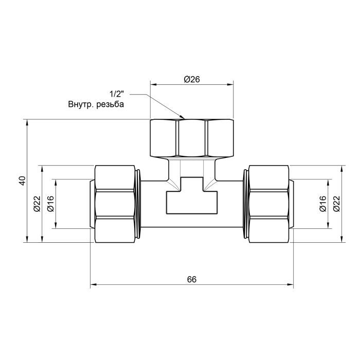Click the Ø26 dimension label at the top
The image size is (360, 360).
tap(191, 79)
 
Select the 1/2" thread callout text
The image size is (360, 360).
tap(117, 94)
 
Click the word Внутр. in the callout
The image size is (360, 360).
tap(80, 103)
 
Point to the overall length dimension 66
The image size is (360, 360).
tap(191, 279)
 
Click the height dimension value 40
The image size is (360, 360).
tap(22, 181)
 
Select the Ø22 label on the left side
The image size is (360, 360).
tap(37, 204)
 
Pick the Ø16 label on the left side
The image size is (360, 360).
tap(51, 204)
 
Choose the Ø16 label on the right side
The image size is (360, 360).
tap(322, 204)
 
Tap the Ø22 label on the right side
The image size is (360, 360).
tap(336, 204)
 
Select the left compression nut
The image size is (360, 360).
tap(117, 204)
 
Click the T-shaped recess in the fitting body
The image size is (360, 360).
tap(191, 198)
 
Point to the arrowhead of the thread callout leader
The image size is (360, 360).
tap(183, 118)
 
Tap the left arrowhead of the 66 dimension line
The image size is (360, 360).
tap(93, 284)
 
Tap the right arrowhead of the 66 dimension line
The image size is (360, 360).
tap(291, 284)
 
